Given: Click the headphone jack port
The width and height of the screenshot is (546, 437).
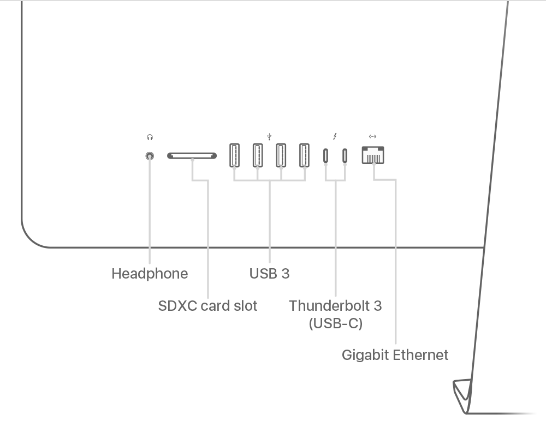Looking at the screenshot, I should tap(150, 156).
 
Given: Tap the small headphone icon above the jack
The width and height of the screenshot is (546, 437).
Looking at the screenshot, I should tap(150, 138).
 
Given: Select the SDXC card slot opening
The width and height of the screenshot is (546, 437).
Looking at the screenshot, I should tap(192, 156).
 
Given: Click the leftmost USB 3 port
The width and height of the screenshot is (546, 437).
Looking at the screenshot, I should tap(234, 155).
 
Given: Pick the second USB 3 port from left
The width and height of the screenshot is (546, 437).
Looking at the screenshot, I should tap(258, 155).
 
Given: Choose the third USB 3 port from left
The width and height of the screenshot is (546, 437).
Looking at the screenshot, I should tap(281, 155).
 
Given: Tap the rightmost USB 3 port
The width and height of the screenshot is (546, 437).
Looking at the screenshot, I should tap(305, 155).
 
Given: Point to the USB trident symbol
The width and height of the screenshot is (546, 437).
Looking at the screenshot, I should tap(269, 137).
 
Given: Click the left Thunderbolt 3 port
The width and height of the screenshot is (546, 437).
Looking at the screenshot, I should tap(326, 156).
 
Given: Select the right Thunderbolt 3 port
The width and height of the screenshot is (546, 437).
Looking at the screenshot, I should tap(345, 156).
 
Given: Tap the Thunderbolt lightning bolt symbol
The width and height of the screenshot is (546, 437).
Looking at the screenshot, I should tap(335, 137).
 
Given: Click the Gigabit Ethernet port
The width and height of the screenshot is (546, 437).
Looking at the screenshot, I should tap(373, 155).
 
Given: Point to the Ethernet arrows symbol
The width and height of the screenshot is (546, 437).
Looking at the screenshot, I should tap(372, 137).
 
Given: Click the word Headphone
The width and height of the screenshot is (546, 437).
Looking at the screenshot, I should tap(150, 274).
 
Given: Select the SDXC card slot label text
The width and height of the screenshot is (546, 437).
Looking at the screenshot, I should tap(207, 306).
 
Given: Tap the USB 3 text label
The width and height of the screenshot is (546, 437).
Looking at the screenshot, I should tap(269, 274).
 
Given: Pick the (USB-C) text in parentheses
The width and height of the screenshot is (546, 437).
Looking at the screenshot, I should tap(335, 323).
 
